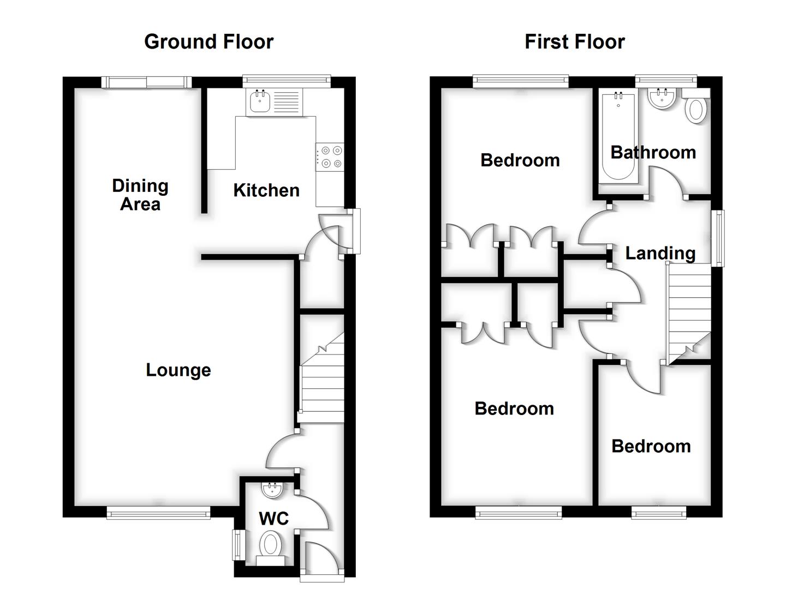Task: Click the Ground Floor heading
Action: (x=209, y=42)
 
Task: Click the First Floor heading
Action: (x=574, y=42)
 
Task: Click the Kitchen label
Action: (x=266, y=190)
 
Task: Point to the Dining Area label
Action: (x=140, y=195)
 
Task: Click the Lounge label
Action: (x=178, y=370)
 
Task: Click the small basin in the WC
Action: (x=272, y=490)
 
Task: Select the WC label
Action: (x=273, y=518)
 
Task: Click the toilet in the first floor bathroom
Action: (x=696, y=108)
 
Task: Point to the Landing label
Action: (x=660, y=253)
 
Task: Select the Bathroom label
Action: (x=653, y=153)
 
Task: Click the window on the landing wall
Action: (x=719, y=238)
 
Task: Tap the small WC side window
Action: (x=238, y=545)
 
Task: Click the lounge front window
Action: (x=158, y=512)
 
